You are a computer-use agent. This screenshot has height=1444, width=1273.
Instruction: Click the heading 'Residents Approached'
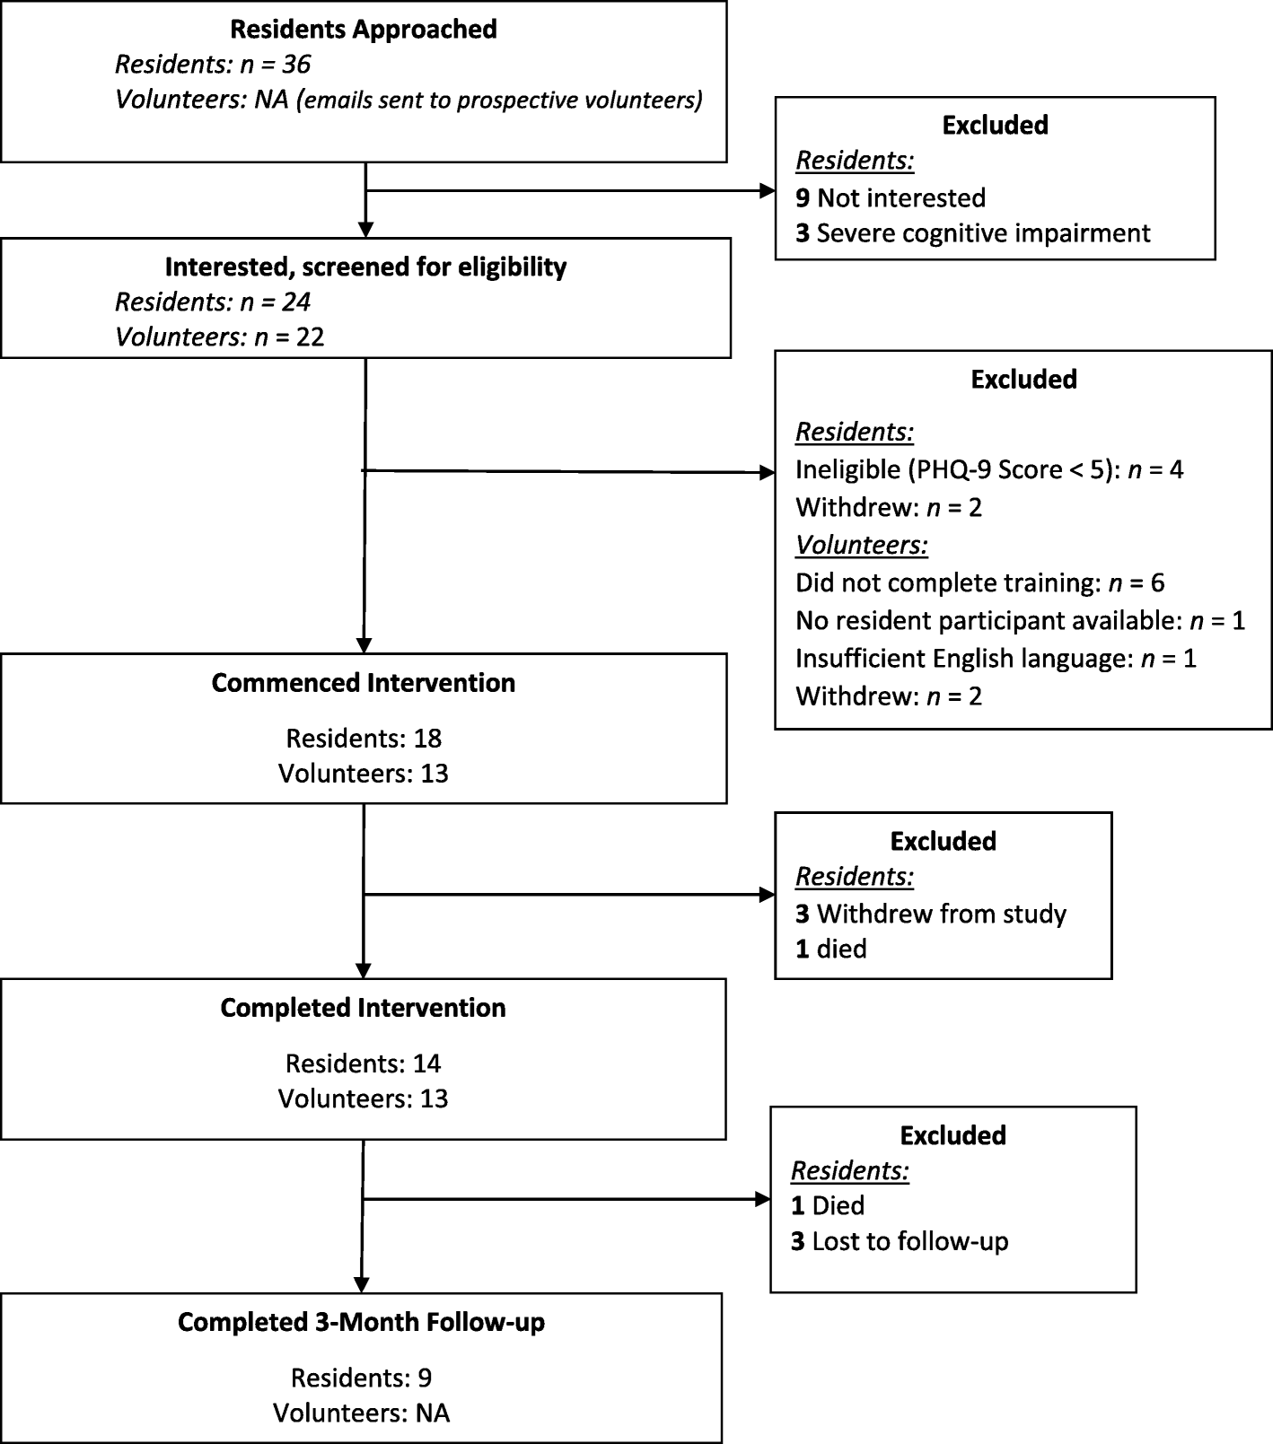[363, 30]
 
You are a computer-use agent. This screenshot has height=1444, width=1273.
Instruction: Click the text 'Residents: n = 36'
[213, 65]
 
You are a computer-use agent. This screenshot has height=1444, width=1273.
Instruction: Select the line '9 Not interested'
[890, 198]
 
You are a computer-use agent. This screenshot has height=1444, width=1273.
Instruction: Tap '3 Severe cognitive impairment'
[972, 233]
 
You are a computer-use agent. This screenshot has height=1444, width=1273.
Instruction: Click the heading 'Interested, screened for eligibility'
[365, 267]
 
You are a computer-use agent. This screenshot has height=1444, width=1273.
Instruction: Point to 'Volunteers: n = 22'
[219, 337]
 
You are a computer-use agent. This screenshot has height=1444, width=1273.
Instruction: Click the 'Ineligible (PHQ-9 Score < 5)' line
[988, 470]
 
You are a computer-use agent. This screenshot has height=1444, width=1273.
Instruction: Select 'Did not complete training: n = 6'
[979, 583]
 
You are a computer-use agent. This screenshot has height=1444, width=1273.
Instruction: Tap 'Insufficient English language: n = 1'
[996, 659]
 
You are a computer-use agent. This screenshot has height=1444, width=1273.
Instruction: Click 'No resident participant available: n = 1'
[1020, 621]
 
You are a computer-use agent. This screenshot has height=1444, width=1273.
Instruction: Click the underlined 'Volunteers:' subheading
[861, 546]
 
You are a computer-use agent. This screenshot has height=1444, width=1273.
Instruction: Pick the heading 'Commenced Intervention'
[363, 683]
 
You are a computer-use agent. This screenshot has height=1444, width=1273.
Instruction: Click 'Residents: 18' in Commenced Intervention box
[364, 739]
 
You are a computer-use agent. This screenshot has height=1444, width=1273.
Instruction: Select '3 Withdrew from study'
[930, 915]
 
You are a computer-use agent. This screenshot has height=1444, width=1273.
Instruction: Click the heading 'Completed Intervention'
[363, 1008]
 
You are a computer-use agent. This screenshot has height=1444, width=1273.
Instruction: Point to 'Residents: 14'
[363, 1063]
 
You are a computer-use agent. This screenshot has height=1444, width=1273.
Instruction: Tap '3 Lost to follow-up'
[899, 1242]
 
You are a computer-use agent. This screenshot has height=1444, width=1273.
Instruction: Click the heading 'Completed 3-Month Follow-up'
[361, 1322]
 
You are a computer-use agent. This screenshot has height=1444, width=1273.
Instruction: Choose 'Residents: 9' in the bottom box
[361, 1378]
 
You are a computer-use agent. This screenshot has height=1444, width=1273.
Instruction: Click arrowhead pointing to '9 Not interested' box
[768, 190]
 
